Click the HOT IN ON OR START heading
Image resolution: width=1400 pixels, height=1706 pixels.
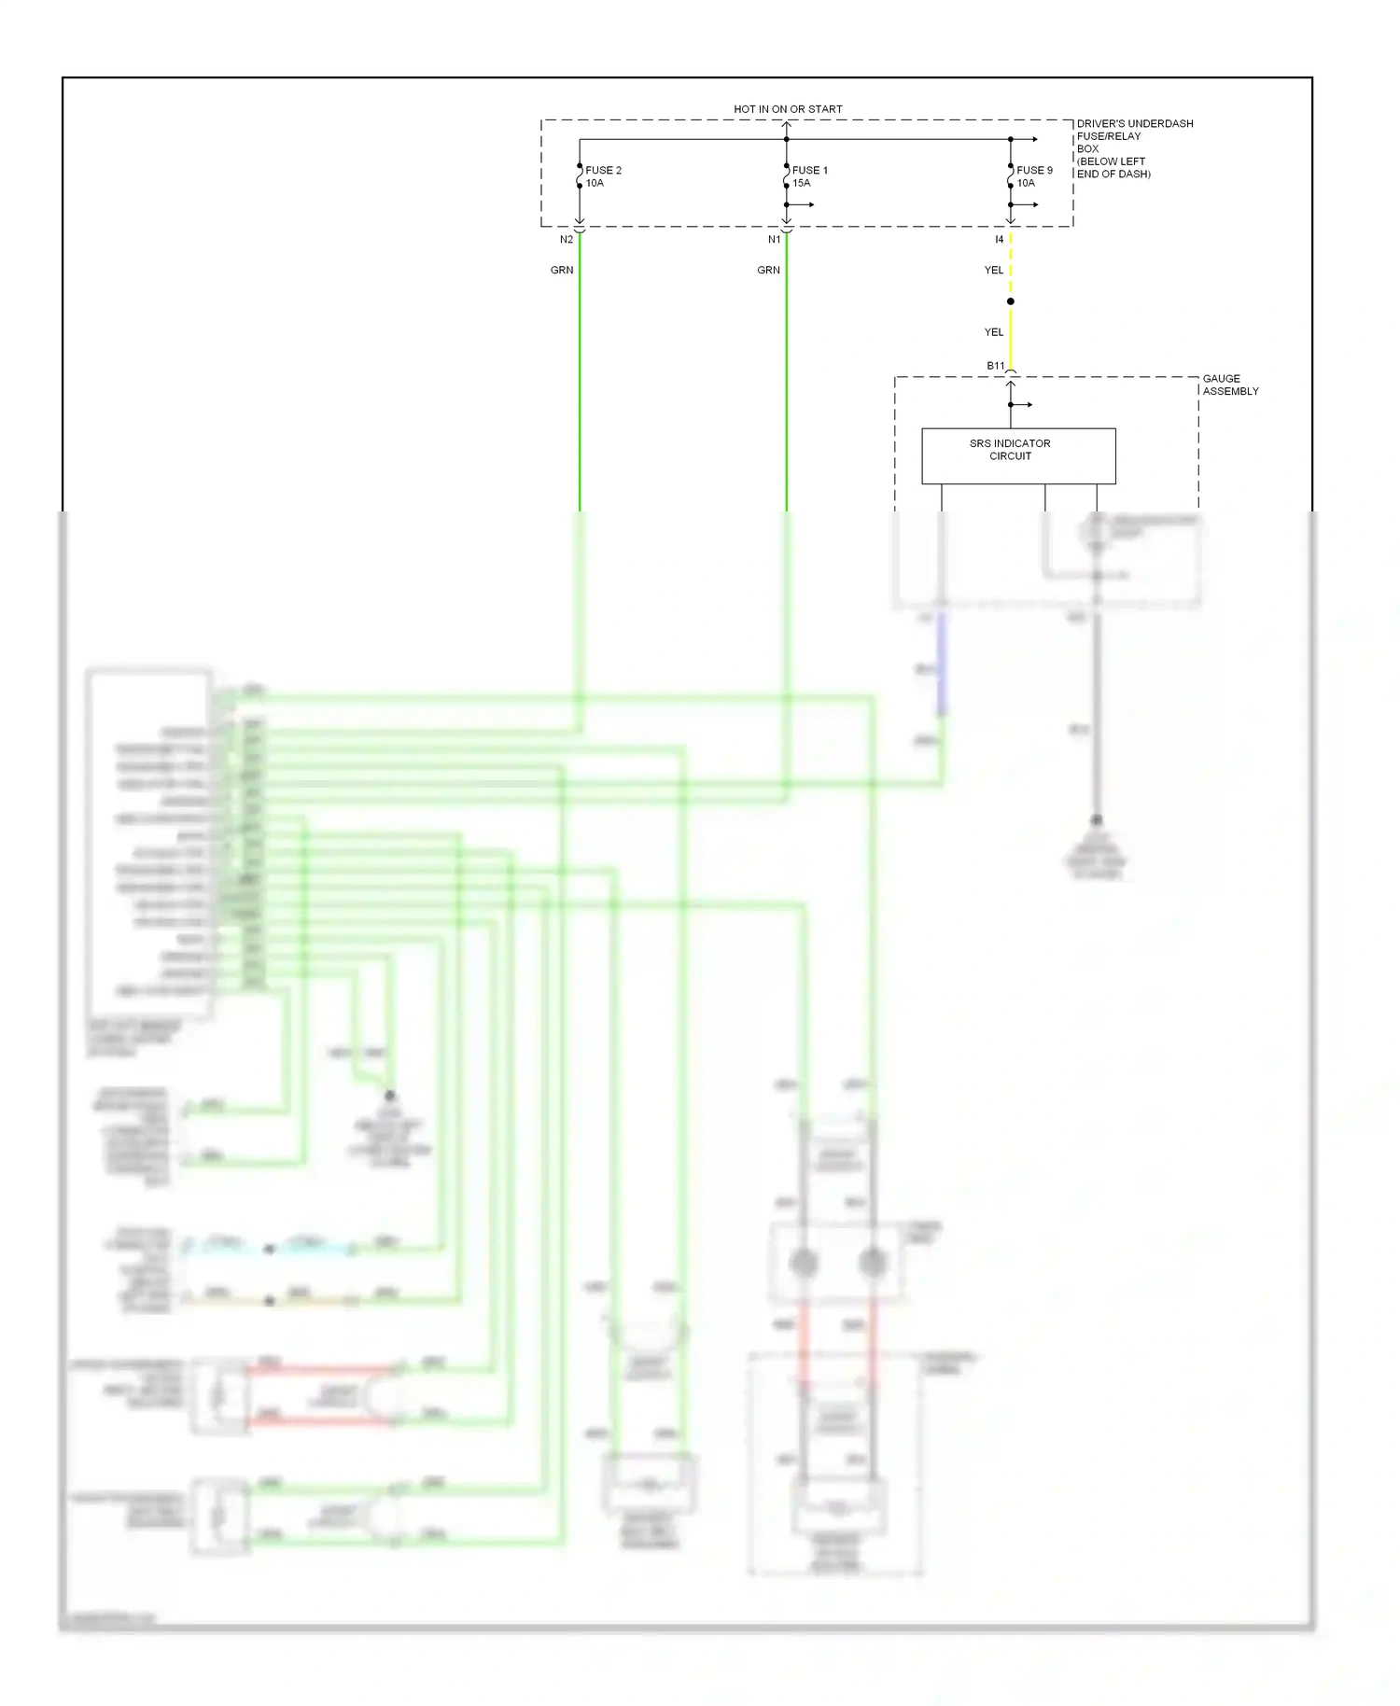[787, 109]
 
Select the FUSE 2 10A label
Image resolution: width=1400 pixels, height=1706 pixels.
[602, 176]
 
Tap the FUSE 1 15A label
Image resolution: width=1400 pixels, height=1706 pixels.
[809, 176]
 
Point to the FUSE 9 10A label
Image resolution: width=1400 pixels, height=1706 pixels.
[1033, 176]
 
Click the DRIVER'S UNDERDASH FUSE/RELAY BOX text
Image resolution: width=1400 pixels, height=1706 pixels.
[1133, 148]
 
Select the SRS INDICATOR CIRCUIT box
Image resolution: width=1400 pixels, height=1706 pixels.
[1017, 455]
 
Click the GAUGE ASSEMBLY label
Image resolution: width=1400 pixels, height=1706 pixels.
[1229, 385]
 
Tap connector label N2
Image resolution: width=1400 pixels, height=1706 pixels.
[566, 240]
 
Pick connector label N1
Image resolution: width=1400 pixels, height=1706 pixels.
[774, 240]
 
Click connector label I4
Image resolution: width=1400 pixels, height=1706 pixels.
[999, 240]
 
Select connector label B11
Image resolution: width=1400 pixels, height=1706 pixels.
[995, 366]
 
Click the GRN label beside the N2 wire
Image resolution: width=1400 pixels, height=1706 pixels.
[561, 270]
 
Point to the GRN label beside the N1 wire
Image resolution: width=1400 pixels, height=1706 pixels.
[768, 270]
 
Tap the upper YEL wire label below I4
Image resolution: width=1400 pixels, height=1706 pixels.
[993, 270]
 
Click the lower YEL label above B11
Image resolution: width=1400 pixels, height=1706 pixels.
[993, 332]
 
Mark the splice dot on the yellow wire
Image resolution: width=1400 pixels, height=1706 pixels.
[1010, 301]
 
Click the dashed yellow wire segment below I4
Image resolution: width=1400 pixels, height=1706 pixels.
[1010, 266]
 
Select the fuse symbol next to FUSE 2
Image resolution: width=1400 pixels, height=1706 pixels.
[579, 176]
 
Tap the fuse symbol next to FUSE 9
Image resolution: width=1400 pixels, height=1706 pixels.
[1010, 176]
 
